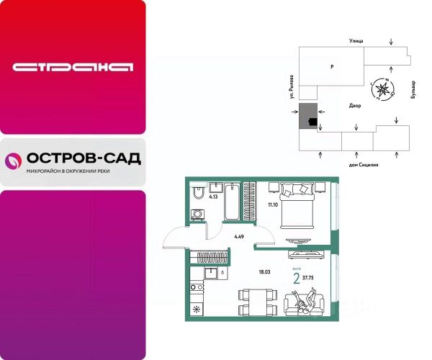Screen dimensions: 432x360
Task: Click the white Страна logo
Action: (73, 68)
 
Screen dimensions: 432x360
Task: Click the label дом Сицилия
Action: (364, 165)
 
